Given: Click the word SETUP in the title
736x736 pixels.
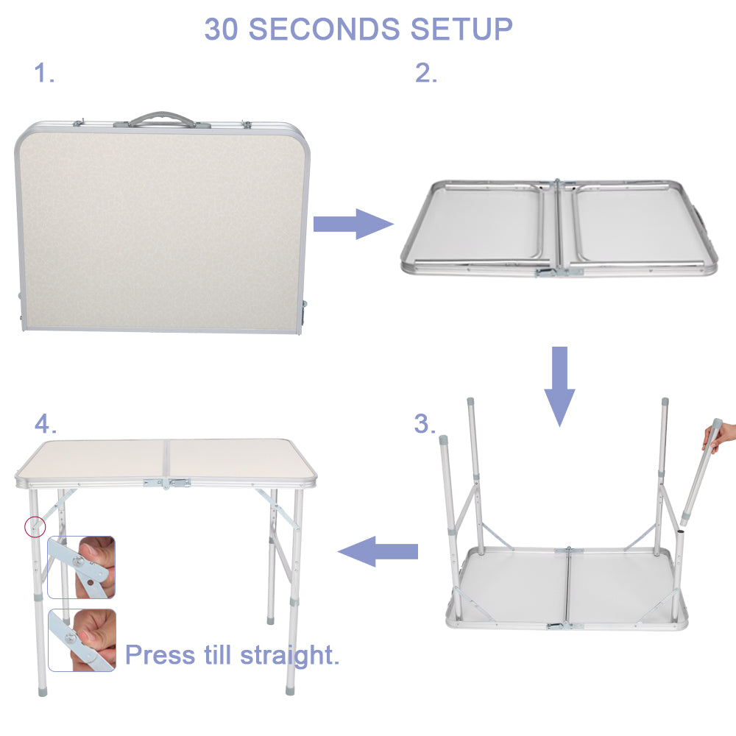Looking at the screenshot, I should tap(461, 29).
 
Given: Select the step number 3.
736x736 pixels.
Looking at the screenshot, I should tap(425, 424).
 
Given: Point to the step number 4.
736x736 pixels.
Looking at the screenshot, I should tap(45, 424).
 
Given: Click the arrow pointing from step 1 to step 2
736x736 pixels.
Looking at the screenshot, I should tap(353, 224).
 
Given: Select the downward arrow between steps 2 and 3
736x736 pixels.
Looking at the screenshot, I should tap(560, 385).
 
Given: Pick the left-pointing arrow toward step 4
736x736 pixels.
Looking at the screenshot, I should tap(378, 551).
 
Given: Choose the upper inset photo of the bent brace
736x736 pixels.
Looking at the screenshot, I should tap(81, 567).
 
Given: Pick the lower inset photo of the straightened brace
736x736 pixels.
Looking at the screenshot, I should tap(81, 640).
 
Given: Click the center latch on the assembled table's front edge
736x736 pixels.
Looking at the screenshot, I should tap(168, 483).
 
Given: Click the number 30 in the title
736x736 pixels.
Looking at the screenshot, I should tap(222, 29).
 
